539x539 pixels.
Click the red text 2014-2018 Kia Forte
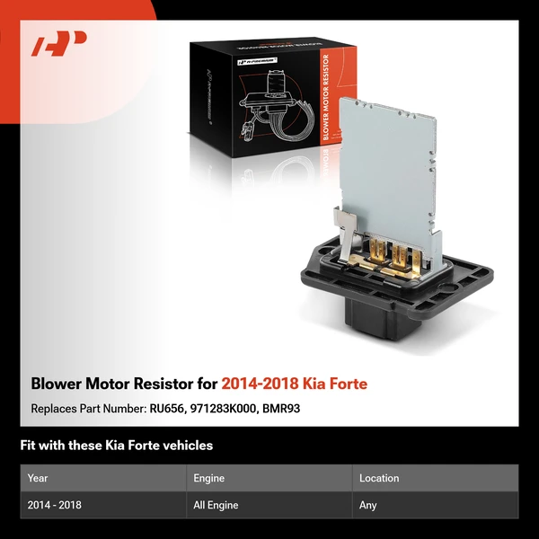click(x=294, y=384)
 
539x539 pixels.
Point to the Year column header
click(x=38, y=479)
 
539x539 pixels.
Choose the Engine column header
click(x=208, y=479)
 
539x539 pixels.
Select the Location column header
click(x=379, y=479)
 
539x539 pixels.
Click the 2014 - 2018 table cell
click(x=55, y=506)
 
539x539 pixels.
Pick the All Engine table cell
click(x=216, y=506)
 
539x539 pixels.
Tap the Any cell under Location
click(x=368, y=506)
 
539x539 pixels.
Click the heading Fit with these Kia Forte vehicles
click(x=116, y=446)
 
